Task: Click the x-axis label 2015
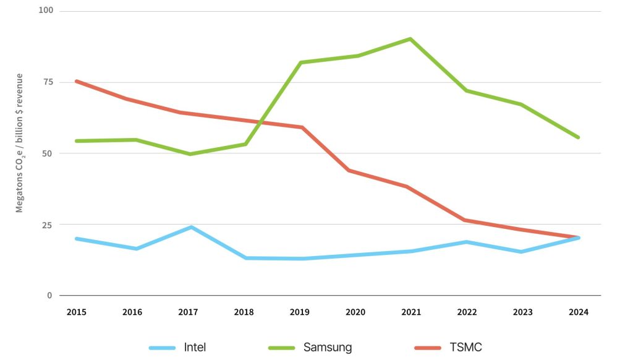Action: click(x=76, y=312)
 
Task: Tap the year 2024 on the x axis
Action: click(x=579, y=312)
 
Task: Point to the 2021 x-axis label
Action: click(x=410, y=312)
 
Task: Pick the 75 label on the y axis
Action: click(x=48, y=82)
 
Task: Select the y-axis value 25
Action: click(x=48, y=225)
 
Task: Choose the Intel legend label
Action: click(x=195, y=347)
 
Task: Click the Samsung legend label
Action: click(x=327, y=347)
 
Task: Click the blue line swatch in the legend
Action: click(x=163, y=348)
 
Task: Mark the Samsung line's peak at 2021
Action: click(x=410, y=39)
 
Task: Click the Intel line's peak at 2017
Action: click(x=192, y=227)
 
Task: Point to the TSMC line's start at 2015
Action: click(x=76, y=81)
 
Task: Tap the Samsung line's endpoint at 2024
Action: click(x=578, y=137)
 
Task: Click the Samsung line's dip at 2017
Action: click(x=189, y=154)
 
